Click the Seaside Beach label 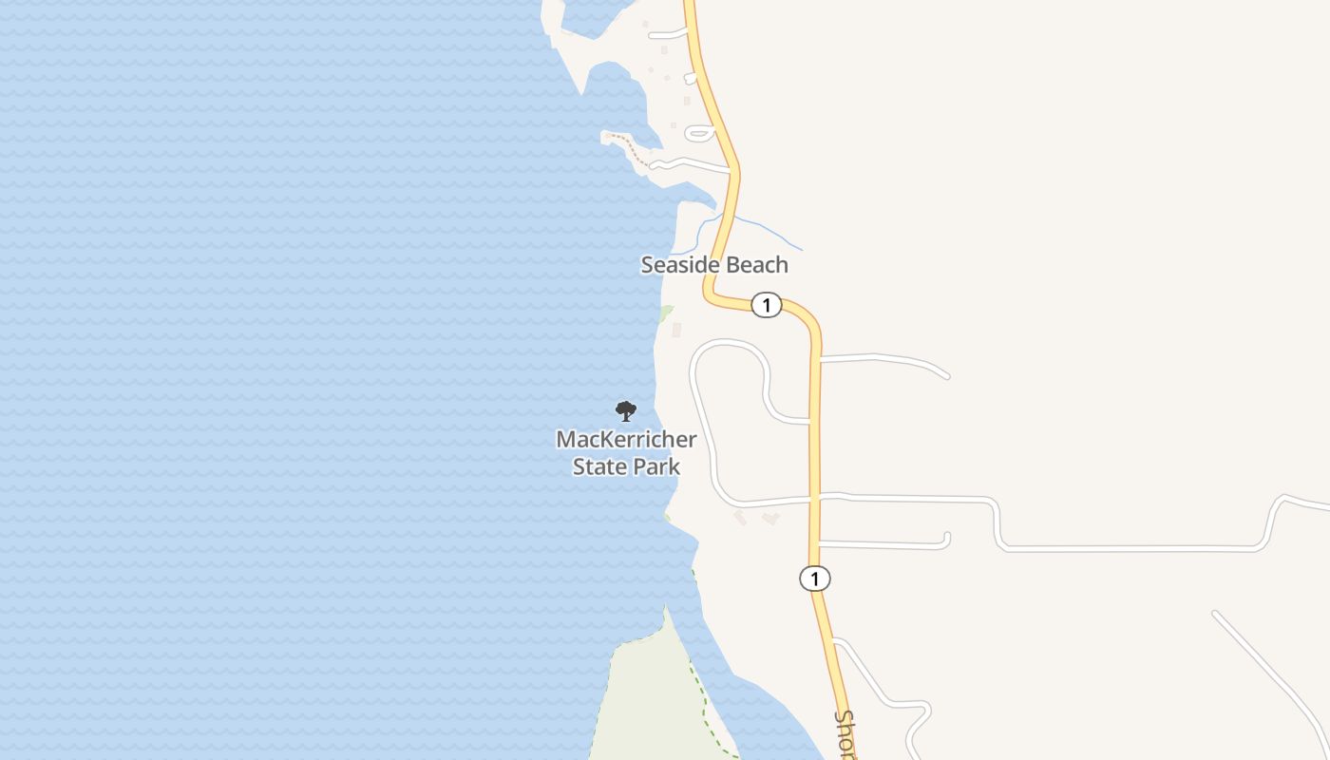pyautogui.click(x=713, y=264)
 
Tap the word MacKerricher pyautogui.click(x=626, y=440)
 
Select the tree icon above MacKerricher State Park pyautogui.click(x=625, y=411)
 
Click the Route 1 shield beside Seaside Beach pyautogui.click(x=766, y=305)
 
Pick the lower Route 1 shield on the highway pyautogui.click(x=814, y=578)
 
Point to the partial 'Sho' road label pyautogui.click(x=845, y=733)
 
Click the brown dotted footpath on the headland pyautogui.click(x=629, y=148)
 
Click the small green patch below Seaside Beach pyautogui.click(x=666, y=313)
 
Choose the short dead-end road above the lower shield pyautogui.click(x=883, y=544)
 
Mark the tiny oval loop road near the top pyautogui.click(x=698, y=133)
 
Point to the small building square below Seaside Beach pyautogui.click(x=676, y=330)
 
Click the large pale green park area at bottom pyautogui.click(x=646, y=703)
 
